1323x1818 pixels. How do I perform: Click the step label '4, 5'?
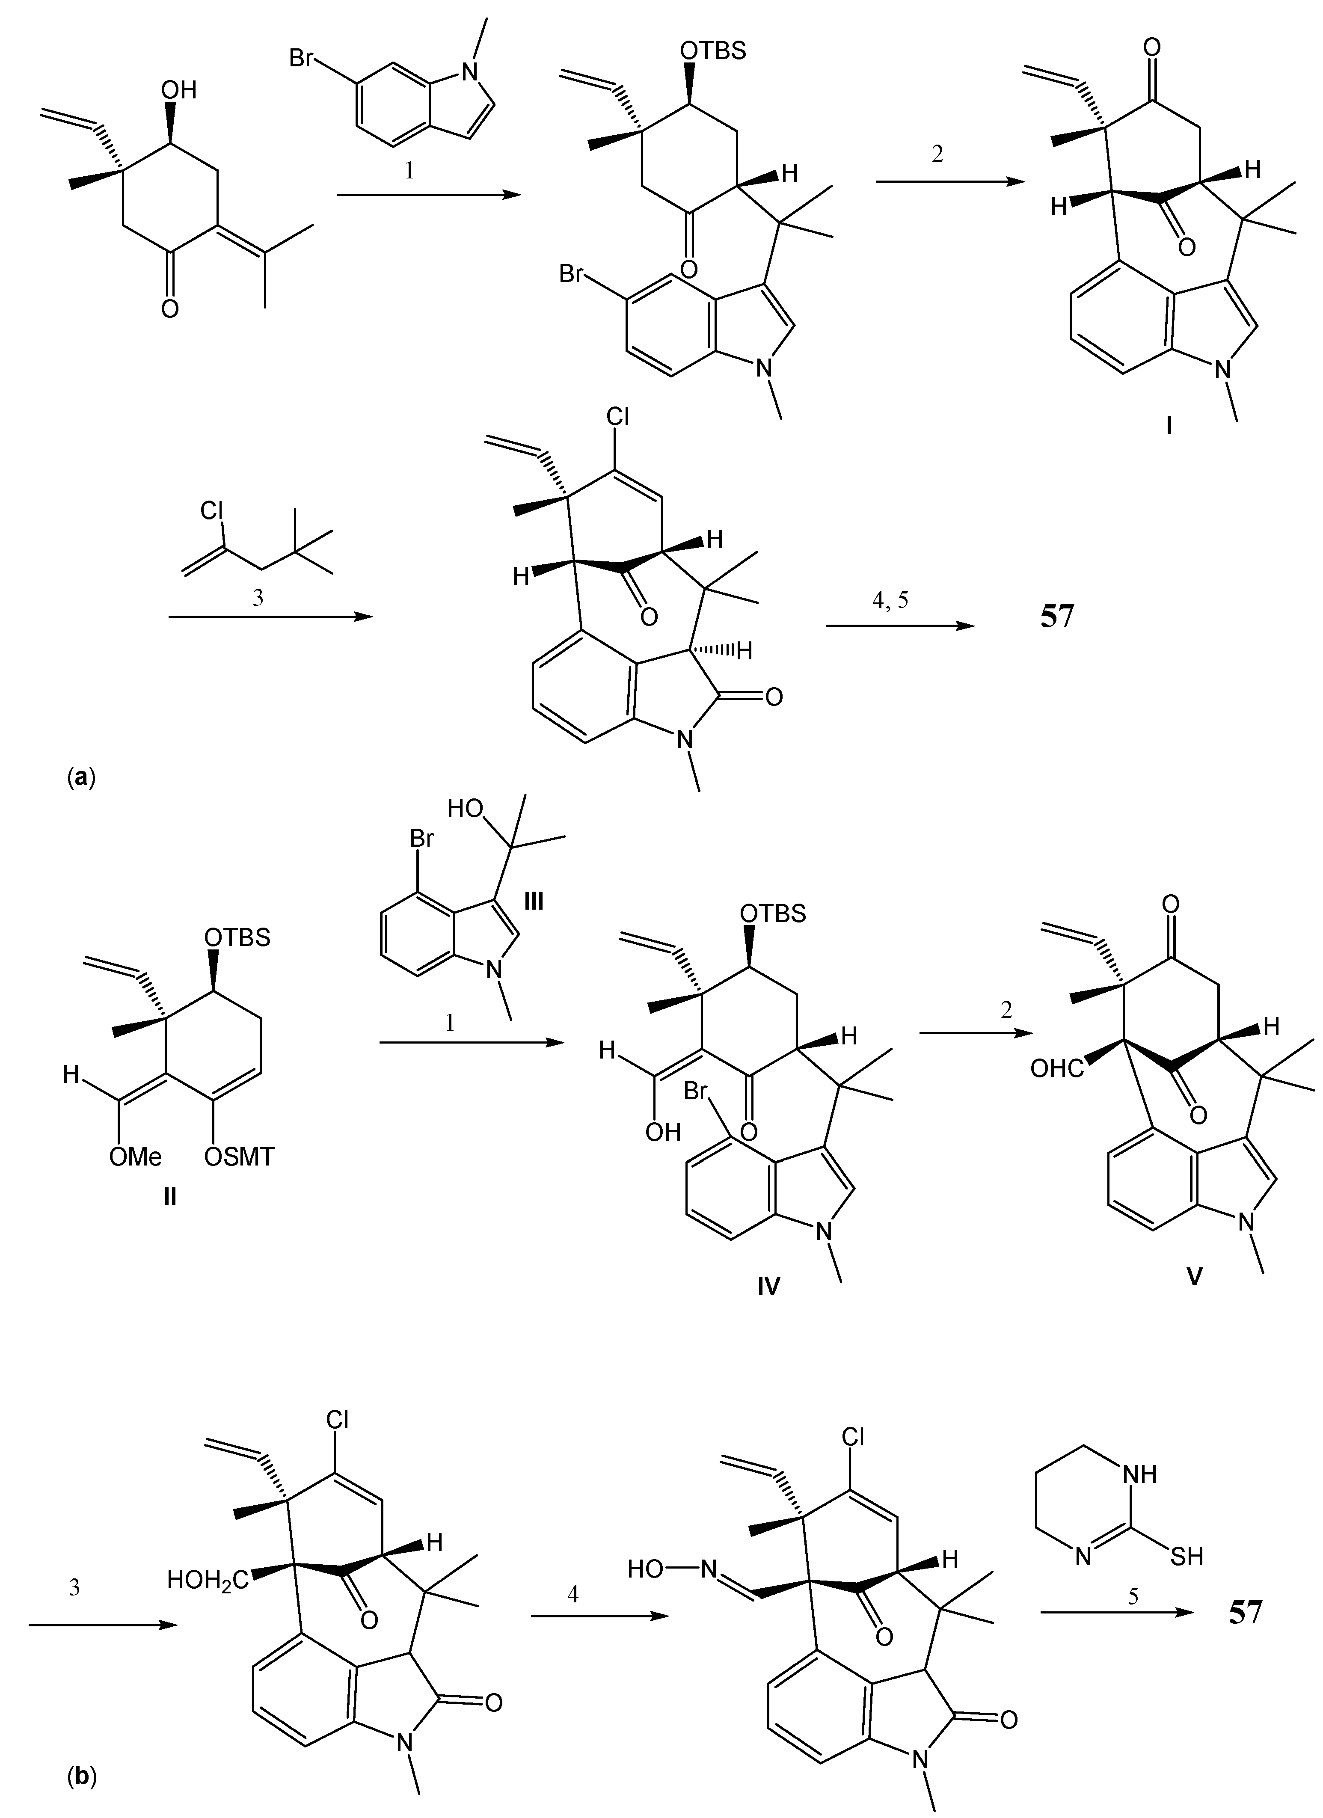(892, 600)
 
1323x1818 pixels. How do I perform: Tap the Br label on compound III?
(422, 839)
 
